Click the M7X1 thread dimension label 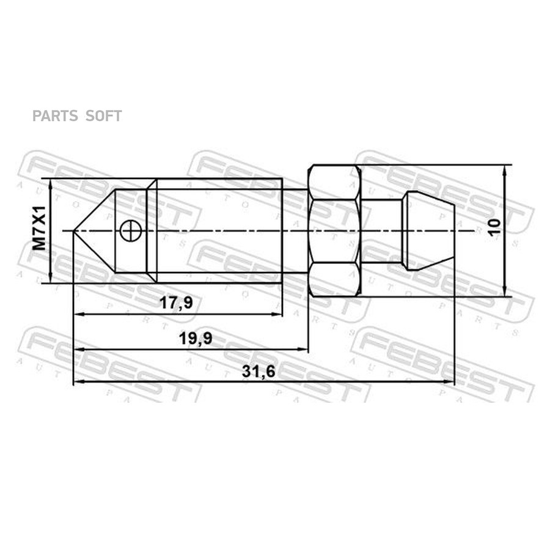tap(39, 229)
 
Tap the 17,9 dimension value tap(176, 302)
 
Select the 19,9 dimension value tap(196, 339)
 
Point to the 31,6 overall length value tap(259, 372)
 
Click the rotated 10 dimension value tap(495, 227)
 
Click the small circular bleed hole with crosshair tap(131, 231)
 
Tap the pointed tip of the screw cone tap(74, 231)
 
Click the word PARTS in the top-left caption tap(55, 116)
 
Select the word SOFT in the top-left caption tap(104, 116)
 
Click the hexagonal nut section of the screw tap(334, 231)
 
